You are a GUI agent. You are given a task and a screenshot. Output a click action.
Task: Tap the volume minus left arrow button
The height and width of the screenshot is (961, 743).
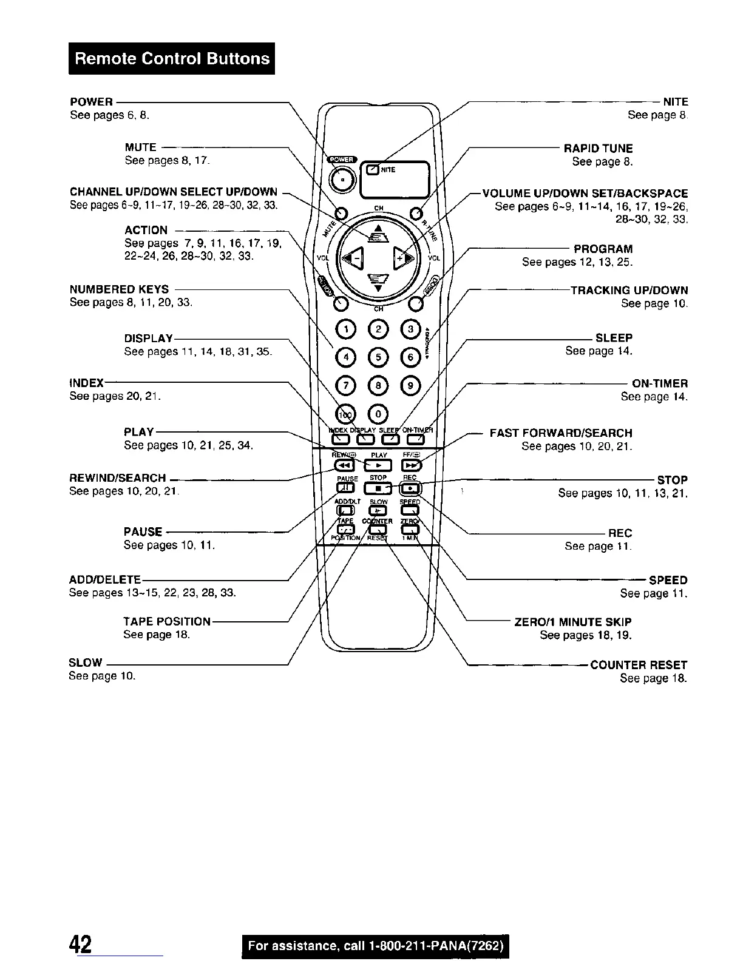[x=352, y=258]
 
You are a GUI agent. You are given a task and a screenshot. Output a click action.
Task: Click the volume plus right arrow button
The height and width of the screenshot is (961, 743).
[x=404, y=258]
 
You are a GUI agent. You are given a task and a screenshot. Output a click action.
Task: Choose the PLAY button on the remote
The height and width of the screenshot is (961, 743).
[x=379, y=465]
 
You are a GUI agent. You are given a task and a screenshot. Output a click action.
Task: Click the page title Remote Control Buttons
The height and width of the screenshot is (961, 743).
[x=172, y=58]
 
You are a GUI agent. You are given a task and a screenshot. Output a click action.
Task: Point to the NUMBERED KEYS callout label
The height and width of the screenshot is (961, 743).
[x=120, y=289]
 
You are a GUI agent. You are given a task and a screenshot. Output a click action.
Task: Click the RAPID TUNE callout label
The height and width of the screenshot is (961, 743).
[x=598, y=148]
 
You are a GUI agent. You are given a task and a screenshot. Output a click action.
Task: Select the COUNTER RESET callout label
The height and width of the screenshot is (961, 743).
[x=639, y=665]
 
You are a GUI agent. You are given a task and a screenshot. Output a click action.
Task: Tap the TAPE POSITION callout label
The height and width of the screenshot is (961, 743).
[x=167, y=621]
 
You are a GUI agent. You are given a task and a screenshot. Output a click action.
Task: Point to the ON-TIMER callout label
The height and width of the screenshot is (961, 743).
[x=660, y=383]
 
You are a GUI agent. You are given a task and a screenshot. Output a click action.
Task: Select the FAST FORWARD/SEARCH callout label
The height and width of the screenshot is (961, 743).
[x=561, y=433]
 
